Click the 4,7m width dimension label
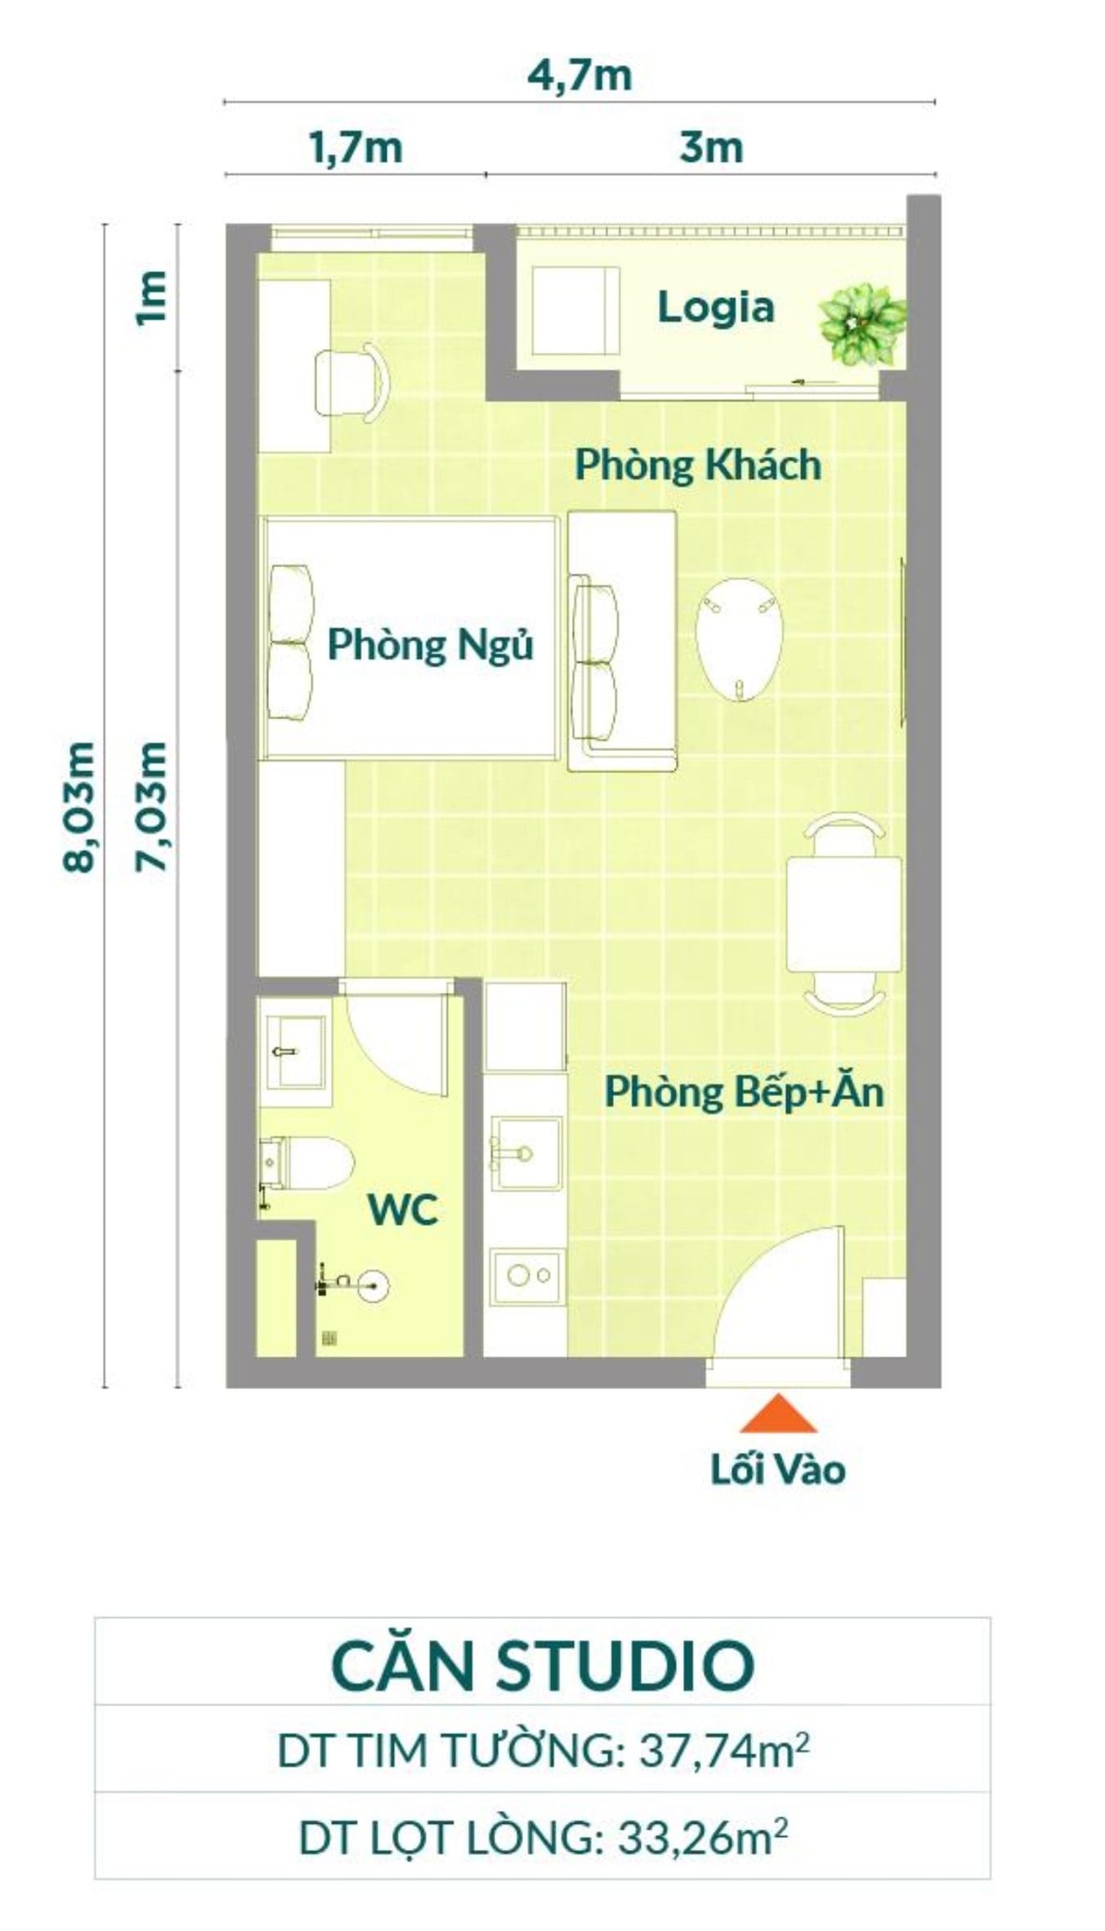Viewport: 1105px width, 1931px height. coord(579,76)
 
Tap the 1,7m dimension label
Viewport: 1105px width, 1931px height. coord(356,149)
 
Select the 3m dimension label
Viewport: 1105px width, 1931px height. coord(711,149)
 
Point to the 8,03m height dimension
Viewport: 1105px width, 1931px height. coord(80,807)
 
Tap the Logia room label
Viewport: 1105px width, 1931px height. coord(715,308)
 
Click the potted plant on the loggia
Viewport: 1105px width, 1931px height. coord(862,321)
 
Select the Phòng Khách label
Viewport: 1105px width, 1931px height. coord(698,465)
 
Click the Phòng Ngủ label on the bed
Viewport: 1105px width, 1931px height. coord(430,645)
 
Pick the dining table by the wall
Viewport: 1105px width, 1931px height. coord(843,914)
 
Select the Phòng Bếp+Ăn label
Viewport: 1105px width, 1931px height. coord(744,1092)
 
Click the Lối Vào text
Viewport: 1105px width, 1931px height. coord(777,1470)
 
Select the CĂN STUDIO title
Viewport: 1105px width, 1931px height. coord(542,1665)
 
